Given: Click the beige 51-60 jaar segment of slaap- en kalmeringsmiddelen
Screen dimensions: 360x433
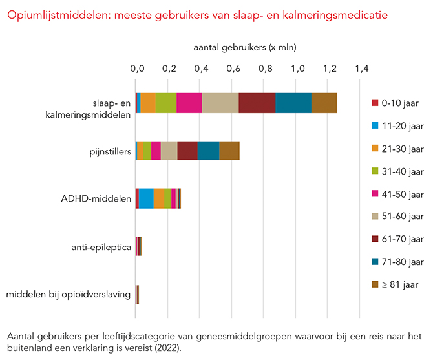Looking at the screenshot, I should (x=220, y=103).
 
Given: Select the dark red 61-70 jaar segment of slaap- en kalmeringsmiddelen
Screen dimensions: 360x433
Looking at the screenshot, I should (x=257, y=103).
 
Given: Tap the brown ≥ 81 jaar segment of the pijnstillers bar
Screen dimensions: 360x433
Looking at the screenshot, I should (x=229, y=151).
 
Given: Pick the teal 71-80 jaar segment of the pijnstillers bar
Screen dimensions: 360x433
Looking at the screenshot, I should (x=208, y=151).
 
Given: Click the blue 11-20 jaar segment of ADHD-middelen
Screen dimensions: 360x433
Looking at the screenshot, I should (x=146, y=198).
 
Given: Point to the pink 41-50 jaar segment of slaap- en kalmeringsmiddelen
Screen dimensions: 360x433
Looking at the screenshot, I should (x=189, y=103).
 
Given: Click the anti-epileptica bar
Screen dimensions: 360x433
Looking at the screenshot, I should (x=139, y=246).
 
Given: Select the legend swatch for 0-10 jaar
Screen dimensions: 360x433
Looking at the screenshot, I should (x=374, y=103).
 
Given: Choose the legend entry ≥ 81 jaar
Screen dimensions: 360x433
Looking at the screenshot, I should (x=401, y=284).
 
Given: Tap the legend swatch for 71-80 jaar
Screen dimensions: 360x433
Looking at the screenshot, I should (x=374, y=261).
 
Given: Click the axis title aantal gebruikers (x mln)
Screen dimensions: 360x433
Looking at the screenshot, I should (x=245, y=47).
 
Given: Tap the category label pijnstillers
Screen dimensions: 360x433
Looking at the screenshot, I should (x=110, y=151).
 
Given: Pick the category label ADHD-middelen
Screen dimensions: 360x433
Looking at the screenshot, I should (x=101, y=199).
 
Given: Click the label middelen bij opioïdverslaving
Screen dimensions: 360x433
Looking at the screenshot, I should (x=69, y=295).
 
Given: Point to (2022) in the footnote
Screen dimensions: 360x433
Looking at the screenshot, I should (x=167, y=348).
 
